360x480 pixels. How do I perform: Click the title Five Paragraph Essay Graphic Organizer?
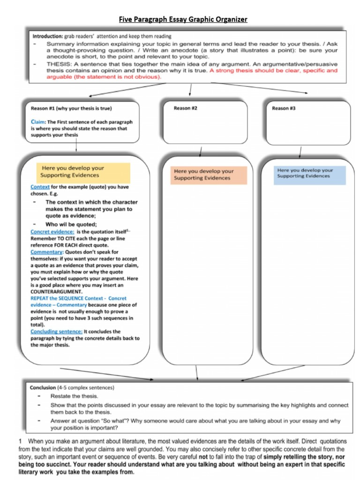click(183, 19)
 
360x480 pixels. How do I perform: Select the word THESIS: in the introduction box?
click(59, 64)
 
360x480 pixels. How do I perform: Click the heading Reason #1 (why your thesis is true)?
click(71, 108)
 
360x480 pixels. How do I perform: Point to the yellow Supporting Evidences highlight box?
click(82, 172)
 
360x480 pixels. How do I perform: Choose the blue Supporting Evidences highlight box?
click(310, 173)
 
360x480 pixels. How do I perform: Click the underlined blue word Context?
click(40, 187)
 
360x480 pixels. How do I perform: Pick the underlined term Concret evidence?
click(52, 232)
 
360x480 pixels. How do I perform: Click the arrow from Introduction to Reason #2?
click(190, 90)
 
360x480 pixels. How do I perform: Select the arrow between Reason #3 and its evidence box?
click(300, 152)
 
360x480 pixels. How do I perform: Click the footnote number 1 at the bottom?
click(20, 441)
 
